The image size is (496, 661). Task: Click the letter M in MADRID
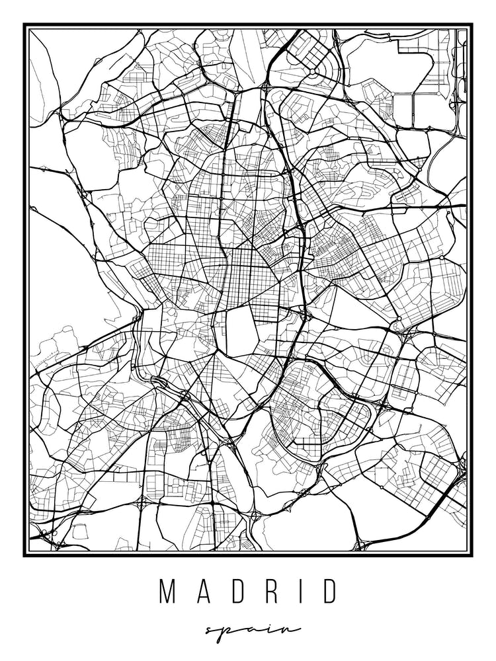coord(167,592)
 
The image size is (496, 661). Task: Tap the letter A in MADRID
coord(202,592)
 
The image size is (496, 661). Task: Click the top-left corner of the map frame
coord(24,24)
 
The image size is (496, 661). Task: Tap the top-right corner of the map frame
coord(472,24)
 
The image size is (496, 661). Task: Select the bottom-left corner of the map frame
coord(24,555)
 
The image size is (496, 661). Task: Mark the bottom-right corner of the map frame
coord(472,555)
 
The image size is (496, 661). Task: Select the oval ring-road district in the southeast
coord(317,410)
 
